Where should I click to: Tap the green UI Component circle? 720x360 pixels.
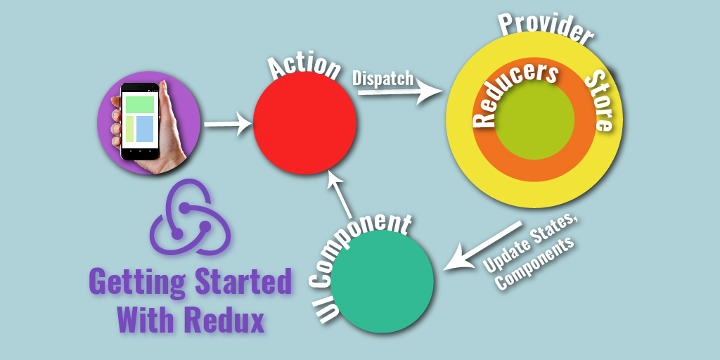(382, 281)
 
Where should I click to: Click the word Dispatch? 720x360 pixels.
(382, 77)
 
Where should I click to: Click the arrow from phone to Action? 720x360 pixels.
(227, 125)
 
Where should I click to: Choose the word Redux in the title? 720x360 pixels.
(224, 320)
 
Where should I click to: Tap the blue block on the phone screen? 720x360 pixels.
(145, 129)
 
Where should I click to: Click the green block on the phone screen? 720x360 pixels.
(140, 104)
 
